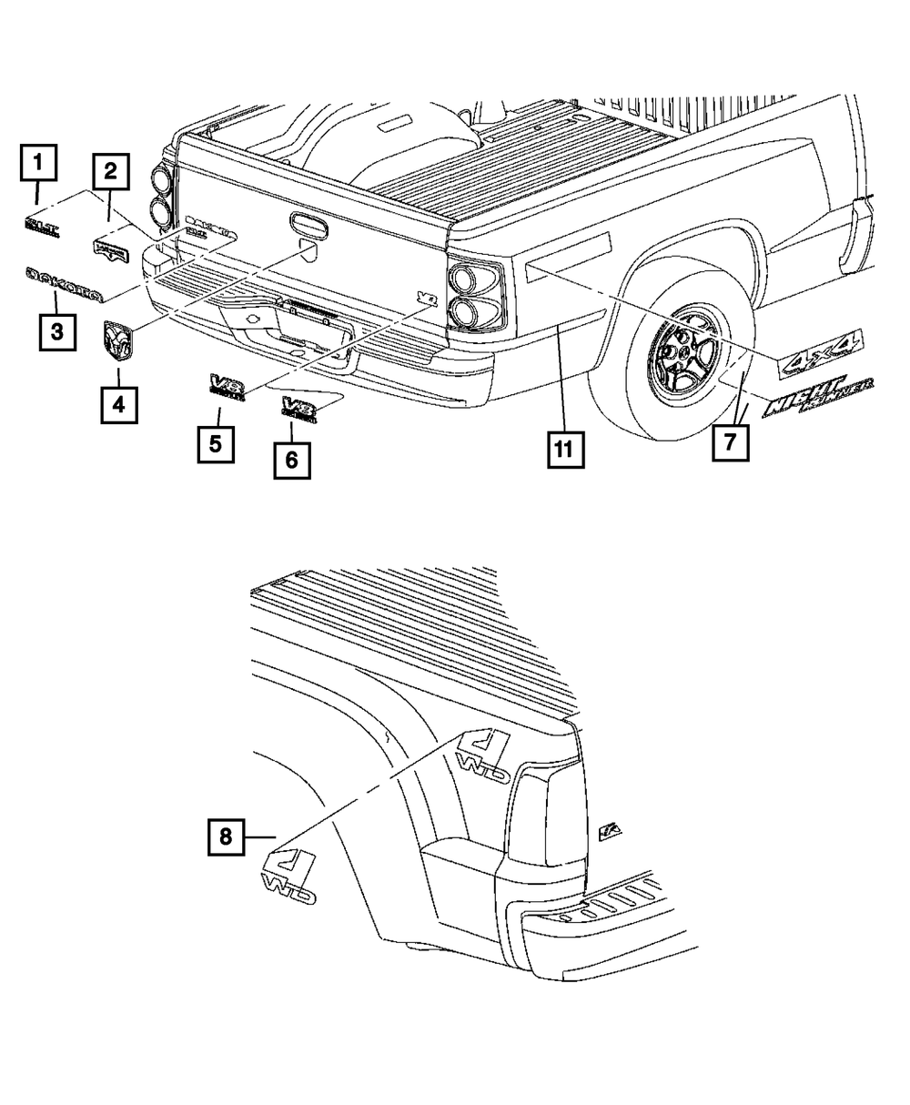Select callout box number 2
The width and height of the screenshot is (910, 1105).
110,171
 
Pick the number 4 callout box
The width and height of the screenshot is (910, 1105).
119,402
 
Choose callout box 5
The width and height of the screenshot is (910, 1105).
217,444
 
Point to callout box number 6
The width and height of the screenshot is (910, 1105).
291,460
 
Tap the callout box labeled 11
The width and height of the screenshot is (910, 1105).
565,449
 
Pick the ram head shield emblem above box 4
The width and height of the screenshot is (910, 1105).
117,341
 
